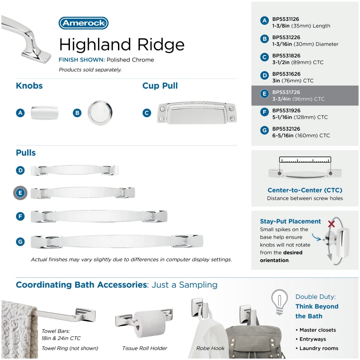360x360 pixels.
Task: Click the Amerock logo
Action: (x=84, y=23)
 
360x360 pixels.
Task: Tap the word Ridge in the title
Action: (x=161, y=44)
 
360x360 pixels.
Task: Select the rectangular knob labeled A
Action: (x=45, y=113)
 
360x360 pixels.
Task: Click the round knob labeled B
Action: (x=100, y=113)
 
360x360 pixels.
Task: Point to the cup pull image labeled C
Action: (x=197, y=113)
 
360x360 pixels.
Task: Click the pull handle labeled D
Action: (x=75, y=170)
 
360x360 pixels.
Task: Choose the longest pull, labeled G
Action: (x=117, y=241)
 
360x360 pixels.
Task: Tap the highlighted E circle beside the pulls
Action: (x=20, y=193)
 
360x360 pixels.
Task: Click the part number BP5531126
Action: (x=286, y=19)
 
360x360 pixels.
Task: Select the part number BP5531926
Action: (x=286, y=110)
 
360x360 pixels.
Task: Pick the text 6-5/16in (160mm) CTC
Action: (x=301, y=136)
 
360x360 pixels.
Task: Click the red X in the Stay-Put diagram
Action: (x=331, y=224)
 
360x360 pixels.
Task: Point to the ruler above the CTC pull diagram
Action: (x=305, y=160)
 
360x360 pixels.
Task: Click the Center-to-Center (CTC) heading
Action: (x=305, y=190)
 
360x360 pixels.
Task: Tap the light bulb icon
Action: (x=280, y=302)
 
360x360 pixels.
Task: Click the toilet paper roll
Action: (x=150, y=324)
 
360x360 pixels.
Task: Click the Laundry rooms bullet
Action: (x=317, y=348)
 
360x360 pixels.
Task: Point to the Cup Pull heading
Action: (x=160, y=86)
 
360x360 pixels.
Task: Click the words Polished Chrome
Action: (x=130, y=60)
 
